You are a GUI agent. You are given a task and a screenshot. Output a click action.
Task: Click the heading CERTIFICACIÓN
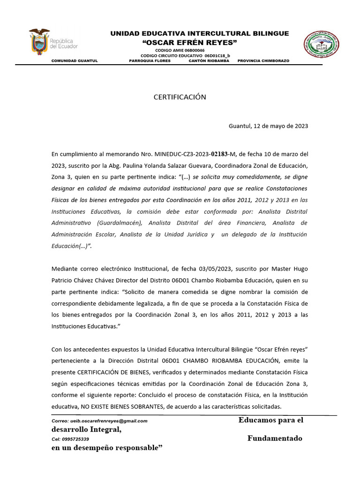coord(180,97)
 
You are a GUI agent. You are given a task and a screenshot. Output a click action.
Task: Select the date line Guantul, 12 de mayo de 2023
coord(268,126)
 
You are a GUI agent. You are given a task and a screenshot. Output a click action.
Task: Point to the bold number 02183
coord(220,154)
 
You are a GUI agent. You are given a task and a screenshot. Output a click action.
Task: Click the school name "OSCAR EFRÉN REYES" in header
coord(190,43)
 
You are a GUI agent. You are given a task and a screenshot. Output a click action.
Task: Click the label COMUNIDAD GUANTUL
coord(74,61)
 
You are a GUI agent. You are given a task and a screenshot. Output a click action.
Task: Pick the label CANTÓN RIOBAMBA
coord(209,61)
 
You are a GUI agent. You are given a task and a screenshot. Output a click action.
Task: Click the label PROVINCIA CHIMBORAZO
coord(263,61)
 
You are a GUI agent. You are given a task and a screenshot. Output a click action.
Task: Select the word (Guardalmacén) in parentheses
coord(121,223)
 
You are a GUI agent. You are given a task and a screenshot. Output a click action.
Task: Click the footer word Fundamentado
coord(275,439)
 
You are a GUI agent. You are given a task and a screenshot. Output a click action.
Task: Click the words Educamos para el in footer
coord(271,420)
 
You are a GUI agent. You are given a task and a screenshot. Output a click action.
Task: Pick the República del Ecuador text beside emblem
coord(64,44)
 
